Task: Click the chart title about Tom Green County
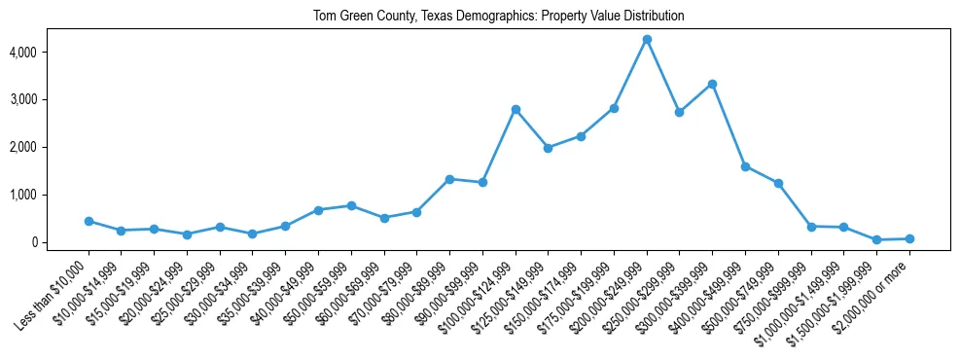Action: [x=498, y=17]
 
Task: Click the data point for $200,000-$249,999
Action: [x=647, y=39]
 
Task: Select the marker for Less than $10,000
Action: [x=89, y=221]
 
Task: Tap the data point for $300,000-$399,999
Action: [x=713, y=84]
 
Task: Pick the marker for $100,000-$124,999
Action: [x=516, y=109]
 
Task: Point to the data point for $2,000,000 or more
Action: [x=909, y=238]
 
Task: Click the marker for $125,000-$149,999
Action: [x=549, y=148]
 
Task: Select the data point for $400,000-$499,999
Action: [x=745, y=166]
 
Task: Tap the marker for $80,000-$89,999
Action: [x=449, y=179]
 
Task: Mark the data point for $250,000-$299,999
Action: [x=680, y=112]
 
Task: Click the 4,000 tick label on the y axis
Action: [x=50, y=52]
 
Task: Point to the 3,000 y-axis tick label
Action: [x=50, y=99]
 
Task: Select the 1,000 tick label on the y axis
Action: [x=50, y=195]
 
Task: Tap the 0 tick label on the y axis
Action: [x=60, y=242]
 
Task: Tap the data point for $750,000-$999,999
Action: [x=811, y=226]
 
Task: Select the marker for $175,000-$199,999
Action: [x=614, y=108]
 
